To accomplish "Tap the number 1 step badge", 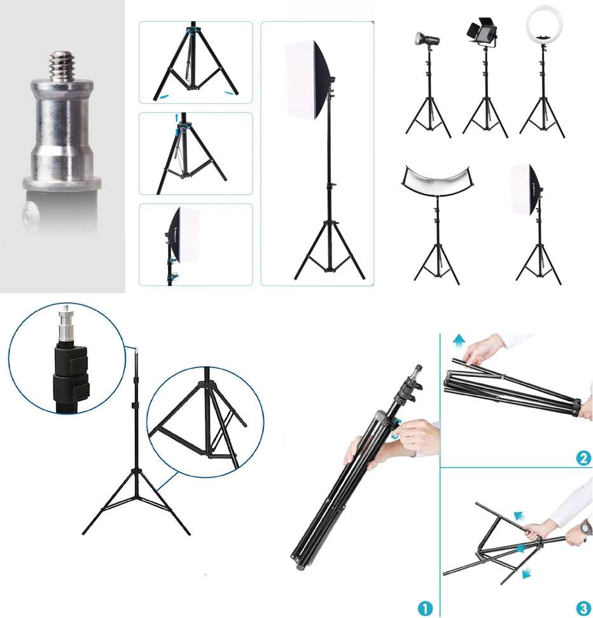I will coord(426,607).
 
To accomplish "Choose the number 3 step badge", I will coord(583,607).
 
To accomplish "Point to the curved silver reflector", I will coord(436,184).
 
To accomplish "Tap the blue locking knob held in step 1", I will coord(397,434).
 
